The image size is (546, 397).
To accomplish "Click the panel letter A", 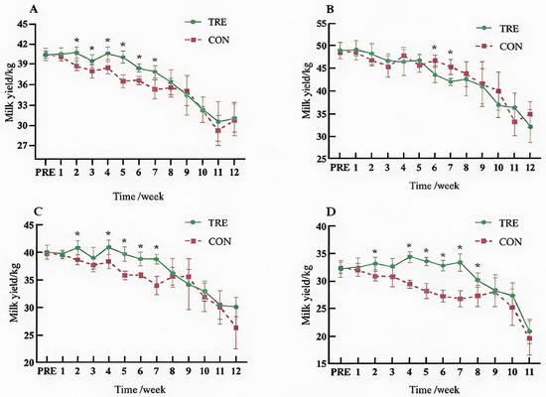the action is click(34, 9).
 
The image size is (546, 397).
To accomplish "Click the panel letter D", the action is click(330, 211).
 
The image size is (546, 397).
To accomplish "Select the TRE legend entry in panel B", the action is click(498, 28).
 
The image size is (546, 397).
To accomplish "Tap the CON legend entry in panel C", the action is click(207, 241).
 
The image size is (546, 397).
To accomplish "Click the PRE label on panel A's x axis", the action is click(46, 172).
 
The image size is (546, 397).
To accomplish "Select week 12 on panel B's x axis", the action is click(530, 168).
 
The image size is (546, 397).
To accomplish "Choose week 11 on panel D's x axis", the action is click(529, 372).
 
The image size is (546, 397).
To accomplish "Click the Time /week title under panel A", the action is click(138, 197).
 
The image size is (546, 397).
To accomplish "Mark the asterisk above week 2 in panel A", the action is click(77, 40).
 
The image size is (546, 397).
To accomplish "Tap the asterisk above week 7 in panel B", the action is click(451, 53).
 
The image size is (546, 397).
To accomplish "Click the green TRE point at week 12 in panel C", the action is click(236, 307).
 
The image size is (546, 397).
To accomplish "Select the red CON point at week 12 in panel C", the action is click(236, 328).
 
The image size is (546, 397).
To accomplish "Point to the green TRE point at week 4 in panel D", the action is click(410, 257).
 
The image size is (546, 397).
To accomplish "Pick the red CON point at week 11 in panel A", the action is click(218, 131).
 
